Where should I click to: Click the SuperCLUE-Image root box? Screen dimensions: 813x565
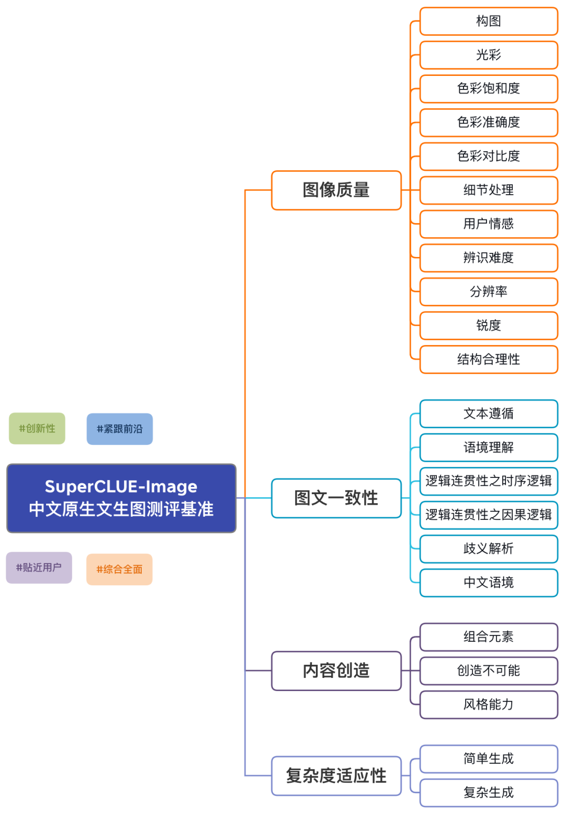[121, 498]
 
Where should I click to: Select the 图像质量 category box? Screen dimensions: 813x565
[336, 190]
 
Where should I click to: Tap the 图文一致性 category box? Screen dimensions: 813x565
[336, 498]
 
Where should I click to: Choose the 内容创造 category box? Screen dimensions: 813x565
[336, 671]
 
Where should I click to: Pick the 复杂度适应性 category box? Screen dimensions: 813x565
[336, 775]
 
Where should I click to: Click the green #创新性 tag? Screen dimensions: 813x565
[37, 428]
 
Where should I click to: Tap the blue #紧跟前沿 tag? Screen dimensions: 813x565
[119, 429]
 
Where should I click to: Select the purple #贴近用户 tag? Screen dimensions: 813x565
[39, 567]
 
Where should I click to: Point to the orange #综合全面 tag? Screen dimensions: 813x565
[119, 569]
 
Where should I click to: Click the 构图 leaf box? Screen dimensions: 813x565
[489, 21]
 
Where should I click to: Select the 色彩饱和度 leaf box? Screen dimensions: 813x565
[489, 88]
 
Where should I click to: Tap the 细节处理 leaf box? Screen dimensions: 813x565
[489, 190]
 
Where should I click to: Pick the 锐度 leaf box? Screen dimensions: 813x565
[489, 326]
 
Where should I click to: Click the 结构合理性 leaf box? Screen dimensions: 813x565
[489, 359]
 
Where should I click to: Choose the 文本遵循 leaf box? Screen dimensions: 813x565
[489, 414]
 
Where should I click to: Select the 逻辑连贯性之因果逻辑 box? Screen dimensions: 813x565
[489, 515]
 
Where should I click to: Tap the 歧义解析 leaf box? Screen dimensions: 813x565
[489, 549]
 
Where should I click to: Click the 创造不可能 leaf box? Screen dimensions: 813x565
[489, 671]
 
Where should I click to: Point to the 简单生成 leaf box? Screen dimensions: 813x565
[489, 759]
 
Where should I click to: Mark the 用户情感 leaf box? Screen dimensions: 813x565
[489, 224]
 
